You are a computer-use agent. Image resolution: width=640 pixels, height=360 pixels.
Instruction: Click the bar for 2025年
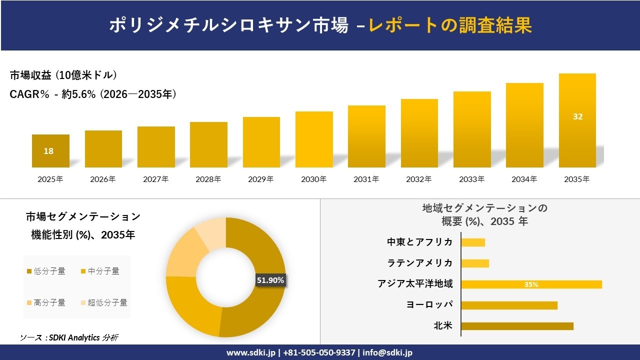[x=50, y=151]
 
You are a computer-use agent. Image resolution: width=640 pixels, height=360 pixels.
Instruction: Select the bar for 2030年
[x=314, y=139]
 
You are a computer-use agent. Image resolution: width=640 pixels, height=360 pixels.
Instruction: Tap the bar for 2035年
[x=577, y=120]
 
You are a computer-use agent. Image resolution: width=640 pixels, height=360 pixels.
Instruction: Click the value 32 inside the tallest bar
[x=577, y=116]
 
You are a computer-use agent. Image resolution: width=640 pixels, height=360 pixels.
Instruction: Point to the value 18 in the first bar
[x=48, y=151]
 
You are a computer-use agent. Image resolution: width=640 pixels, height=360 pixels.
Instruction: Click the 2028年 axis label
[x=208, y=179]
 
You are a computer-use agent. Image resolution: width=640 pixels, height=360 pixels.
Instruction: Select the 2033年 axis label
[x=471, y=179]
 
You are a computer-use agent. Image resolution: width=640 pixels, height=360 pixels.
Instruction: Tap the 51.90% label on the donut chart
[x=270, y=280]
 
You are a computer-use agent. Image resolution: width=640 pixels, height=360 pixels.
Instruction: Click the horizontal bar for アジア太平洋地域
[x=531, y=284]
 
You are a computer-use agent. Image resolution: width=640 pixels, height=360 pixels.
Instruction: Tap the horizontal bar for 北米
[x=517, y=326]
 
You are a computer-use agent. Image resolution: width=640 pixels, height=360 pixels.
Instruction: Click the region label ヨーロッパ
[x=429, y=305]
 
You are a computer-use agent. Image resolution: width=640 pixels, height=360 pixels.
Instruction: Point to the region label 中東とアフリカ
[x=419, y=242]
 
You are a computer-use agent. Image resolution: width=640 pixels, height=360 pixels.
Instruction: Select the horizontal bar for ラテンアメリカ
[x=475, y=263]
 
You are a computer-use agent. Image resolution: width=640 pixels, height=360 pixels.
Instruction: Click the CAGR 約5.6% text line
[x=93, y=94]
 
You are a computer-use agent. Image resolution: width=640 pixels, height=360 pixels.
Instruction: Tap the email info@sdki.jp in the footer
[x=387, y=352]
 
